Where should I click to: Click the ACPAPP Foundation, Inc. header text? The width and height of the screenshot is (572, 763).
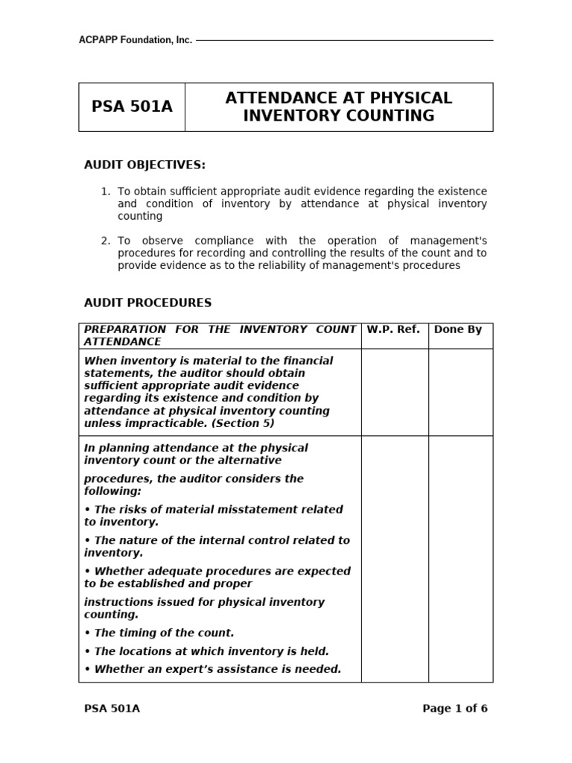(x=135, y=40)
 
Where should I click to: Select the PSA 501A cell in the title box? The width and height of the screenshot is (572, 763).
(x=132, y=107)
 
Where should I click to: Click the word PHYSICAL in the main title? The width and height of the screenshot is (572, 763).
(x=414, y=98)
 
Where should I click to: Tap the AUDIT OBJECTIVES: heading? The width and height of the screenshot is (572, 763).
(x=144, y=165)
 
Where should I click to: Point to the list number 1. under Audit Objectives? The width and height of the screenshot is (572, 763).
(x=105, y=192)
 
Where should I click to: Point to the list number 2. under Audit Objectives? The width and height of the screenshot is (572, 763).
(x=105, y=241)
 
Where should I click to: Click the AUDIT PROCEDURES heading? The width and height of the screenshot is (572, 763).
(x=147, y=303)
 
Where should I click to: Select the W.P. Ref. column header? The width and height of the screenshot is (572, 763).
(x=393, y=329)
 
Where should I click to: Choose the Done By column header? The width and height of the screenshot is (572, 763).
(x=457, y=329)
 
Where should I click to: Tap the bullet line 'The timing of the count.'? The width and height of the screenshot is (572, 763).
(x=159, y=633)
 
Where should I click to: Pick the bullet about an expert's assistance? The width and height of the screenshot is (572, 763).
(x=213, y=669)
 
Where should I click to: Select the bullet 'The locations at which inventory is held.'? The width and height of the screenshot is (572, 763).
(x=206, y=651)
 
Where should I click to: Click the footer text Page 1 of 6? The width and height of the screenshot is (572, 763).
(x=454, y=709)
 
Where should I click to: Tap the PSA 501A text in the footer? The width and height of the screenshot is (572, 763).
(x=112, y=709)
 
